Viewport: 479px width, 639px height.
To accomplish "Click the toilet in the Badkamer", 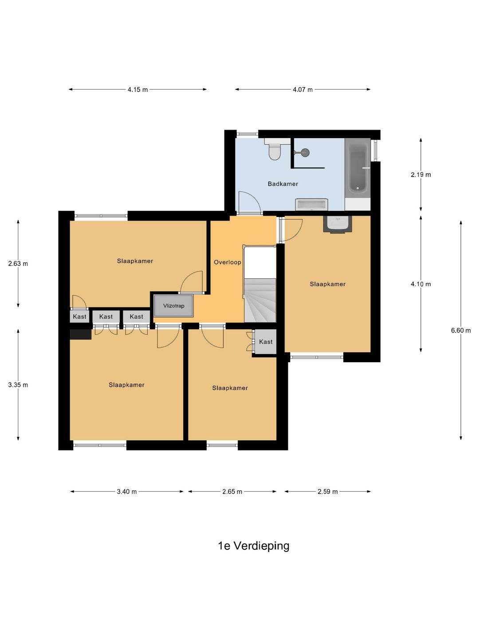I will pos(275,150).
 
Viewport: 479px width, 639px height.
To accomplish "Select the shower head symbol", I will pos(304,153).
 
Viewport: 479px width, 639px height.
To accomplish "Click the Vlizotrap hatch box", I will pos(173,306).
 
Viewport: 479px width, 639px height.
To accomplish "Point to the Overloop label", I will pos(228,262).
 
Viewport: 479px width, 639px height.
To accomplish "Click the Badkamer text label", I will pos(283,184).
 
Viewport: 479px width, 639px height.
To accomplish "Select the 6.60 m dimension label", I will pos(461,330).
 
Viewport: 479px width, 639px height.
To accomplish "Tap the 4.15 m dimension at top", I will pos(137,90).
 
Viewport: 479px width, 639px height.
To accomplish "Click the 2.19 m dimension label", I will pos(420,174).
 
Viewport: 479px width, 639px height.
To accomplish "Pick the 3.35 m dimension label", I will pos(18,385).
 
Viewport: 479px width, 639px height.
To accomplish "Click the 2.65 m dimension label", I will pos(232,492).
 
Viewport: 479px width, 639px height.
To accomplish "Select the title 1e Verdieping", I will pos(253,545).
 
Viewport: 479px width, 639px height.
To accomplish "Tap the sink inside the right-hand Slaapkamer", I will pos(338,224).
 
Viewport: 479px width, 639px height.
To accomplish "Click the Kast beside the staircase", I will pos(266,342).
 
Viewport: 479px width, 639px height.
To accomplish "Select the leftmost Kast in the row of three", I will pos(80,316).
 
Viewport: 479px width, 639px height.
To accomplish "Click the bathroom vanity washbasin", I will pos(311,205).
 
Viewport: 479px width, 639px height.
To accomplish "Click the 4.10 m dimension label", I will pos(420,284).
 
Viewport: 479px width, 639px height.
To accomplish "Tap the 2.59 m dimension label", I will pos(327,492).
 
